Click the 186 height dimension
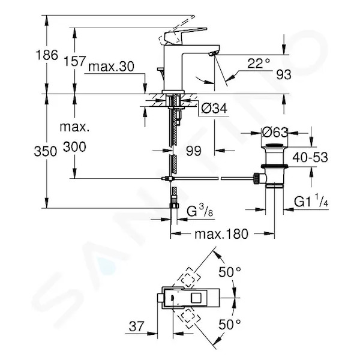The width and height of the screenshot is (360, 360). [47, 55]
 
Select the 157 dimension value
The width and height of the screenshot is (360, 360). [74, 61]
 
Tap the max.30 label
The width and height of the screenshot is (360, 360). [111, 67]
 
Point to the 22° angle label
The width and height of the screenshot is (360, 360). [259, 64]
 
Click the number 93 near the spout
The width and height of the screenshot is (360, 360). [284, 74]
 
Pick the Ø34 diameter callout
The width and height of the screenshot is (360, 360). [214, 109]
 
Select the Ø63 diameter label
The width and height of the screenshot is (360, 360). [275, 133]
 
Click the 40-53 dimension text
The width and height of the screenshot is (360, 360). [310, 157]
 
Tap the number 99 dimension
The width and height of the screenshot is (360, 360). [194, 151]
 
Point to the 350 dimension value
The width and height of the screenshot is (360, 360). [45, 152]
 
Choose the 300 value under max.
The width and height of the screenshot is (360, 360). [74, 147]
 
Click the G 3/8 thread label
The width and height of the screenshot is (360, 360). [200, 211]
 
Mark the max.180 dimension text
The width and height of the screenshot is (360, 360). [221, 234]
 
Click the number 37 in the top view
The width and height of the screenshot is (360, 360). [137, 326]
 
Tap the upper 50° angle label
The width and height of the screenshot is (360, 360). [230, 272]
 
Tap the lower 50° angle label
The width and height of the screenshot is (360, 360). [230, 325]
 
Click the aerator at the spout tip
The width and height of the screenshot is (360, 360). [212, 54]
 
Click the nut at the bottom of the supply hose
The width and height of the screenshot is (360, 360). [174, 205]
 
